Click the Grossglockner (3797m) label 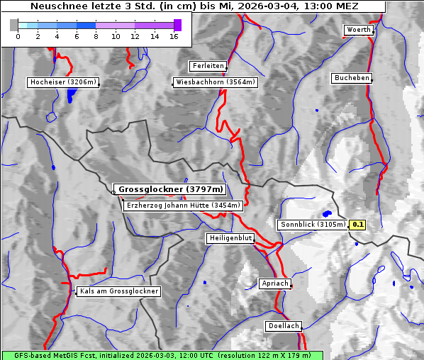click(171, 189)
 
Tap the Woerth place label click(358, 30)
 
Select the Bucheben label click(352, 77)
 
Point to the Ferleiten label click(208, 66)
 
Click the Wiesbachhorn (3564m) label click(216, 82)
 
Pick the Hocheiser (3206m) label click(62, 82)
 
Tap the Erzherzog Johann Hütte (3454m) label click(183, 206)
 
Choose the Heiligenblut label click(230, 237)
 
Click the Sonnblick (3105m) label click(312, 225)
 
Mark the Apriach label click(275, 283)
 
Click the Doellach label click(284, 326)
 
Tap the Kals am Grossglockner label click(119, 291)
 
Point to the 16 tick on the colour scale click(174, 35)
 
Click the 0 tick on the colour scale click(18, 35)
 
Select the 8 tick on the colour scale click(96, 35)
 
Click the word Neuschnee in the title click(54, 6)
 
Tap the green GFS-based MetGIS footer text click(162, 355)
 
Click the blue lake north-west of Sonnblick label click(327, 213)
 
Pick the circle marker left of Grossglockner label click(113, 191)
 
